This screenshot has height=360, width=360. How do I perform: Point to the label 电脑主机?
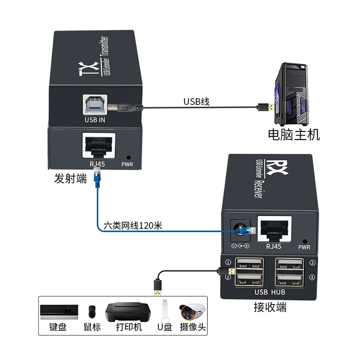293,134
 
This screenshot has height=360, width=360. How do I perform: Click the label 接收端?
270,308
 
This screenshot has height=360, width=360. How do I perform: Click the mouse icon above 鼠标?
92,310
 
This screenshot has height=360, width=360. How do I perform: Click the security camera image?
192,310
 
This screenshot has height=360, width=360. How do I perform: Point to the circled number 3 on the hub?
312,263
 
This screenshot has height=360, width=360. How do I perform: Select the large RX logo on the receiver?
271,165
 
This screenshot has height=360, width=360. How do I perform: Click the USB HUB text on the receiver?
270,292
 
